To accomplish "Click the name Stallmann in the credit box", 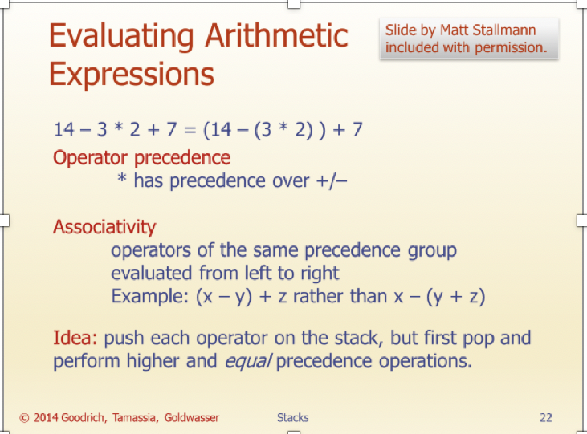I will point(506,30).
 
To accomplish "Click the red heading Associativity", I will point(104,227).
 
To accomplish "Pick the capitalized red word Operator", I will point(88,157).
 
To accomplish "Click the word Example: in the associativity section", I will point(149,296).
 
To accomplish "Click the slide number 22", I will point(545,417).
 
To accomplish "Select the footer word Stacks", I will point(292,417).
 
